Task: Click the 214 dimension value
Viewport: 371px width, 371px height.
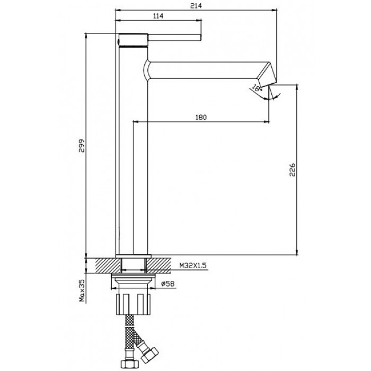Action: point(196,6)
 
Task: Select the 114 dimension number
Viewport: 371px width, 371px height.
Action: point(158,16)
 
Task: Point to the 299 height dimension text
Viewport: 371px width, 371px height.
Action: point(82,146)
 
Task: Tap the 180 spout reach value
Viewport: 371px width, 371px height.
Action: point(201,117)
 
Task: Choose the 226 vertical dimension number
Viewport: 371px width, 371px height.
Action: point(293,170)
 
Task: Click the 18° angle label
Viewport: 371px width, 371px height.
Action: point(257,89)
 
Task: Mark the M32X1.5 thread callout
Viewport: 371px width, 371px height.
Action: point(193,266)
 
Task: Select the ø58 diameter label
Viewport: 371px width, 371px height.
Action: point(168,284)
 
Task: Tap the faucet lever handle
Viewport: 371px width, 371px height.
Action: point(174,38)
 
